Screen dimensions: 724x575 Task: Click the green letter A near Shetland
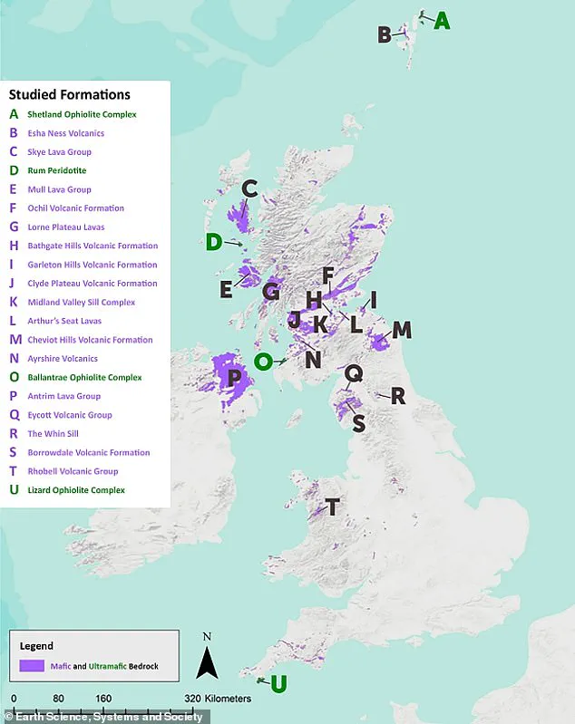click(442, 21)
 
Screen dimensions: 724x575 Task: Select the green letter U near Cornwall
click(278, 683)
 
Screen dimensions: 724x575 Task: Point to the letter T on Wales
click(333, 507)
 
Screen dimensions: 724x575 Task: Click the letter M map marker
click(401, 331)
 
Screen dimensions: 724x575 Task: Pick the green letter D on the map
click(213, 242)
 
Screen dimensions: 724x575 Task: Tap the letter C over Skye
click(249, 189)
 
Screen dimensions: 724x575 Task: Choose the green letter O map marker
click(263, 362)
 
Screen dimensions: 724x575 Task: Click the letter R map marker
click(397, 396)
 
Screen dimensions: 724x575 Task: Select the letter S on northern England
click(359, 423)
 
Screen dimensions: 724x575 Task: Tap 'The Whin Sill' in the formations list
click(53, 434)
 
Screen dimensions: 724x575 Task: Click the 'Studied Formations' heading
click(70, 94)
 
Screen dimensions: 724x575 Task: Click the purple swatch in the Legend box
click(33, 666)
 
